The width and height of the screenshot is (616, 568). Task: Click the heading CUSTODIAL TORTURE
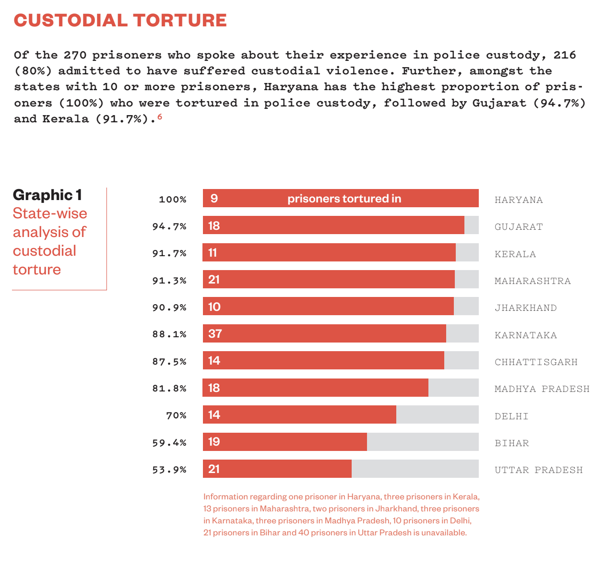pos(120,20)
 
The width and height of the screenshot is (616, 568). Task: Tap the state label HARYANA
pos(519,200)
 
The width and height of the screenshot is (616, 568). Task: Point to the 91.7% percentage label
pos(169,253)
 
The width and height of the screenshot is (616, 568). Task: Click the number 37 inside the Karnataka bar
pos(215,334)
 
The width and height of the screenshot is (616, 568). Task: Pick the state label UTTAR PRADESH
pos(538,470)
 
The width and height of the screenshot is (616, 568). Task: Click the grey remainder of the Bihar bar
pos(422,442)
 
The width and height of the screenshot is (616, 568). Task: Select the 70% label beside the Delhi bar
pos(176,415)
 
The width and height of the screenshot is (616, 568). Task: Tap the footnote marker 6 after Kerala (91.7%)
pos(160,117)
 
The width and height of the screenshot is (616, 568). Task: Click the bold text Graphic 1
pos(47,195)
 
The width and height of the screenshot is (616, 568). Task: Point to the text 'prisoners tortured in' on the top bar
pos(344,199)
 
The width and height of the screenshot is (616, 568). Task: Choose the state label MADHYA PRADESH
pos(542,389)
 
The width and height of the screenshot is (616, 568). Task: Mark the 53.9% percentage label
pos(169,470)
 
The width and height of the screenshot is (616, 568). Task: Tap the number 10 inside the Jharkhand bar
pos(214,307)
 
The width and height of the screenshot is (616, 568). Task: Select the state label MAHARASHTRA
pos(533,281)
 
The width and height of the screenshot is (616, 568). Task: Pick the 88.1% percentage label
pos(169,334)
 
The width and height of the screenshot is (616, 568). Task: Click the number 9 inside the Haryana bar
pos(214,199)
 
